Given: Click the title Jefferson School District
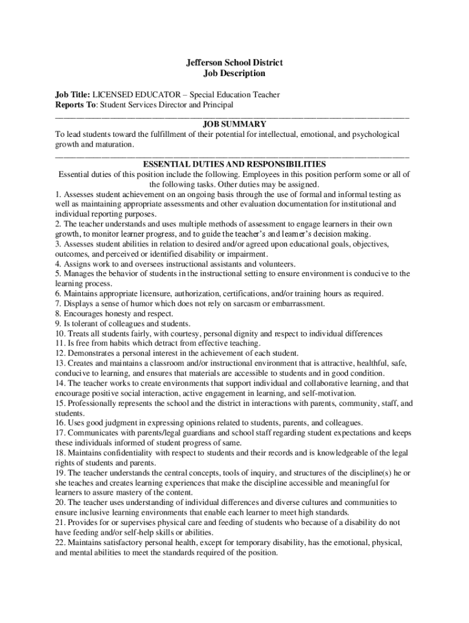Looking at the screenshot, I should coord(234,63).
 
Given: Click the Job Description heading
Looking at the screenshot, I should coord(234,73).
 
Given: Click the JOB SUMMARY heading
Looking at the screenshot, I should coord(234,124).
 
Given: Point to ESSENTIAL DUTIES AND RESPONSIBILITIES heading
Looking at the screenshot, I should coord(234,164).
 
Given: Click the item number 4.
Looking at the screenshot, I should coord(58,264).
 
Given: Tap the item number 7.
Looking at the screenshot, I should coord(58,304).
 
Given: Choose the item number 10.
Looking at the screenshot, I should coord(60,333).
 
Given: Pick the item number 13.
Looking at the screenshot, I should coord(60,363).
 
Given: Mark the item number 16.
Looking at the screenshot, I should coord(60,422).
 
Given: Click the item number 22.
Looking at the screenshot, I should coord(60,541).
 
